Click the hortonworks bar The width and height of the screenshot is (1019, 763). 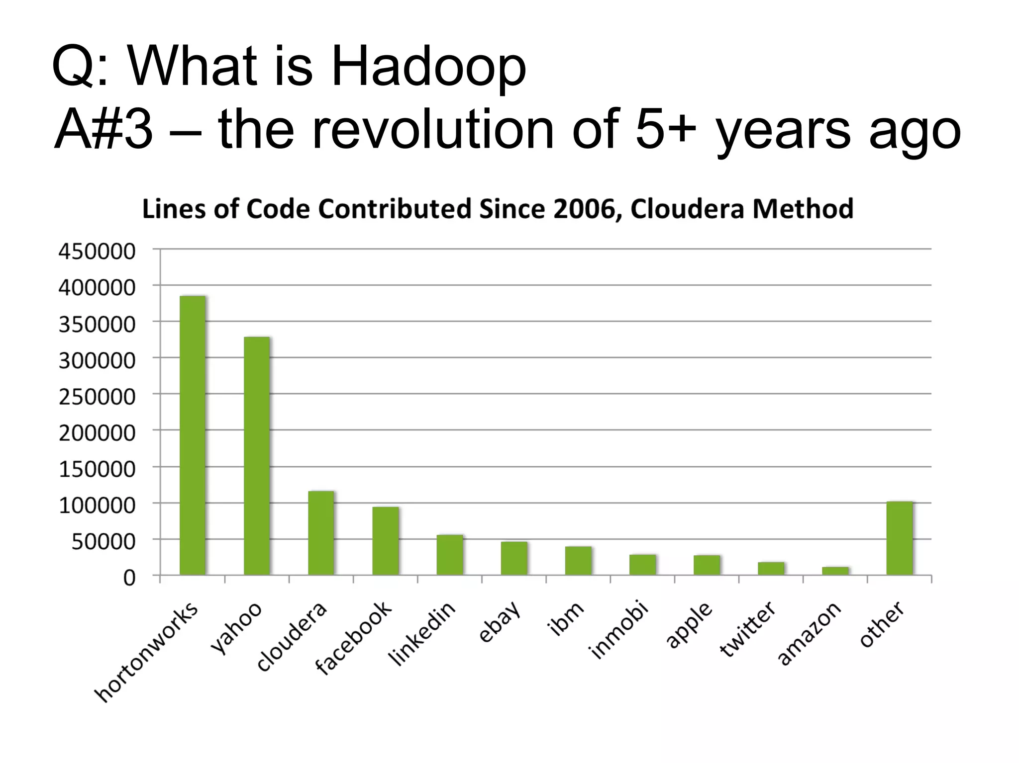point(193,435)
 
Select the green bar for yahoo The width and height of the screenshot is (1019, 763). point(257,456)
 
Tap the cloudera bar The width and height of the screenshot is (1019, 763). point(321,532)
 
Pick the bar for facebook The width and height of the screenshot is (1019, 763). point(386,540)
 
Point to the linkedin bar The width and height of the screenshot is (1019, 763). point(450,554)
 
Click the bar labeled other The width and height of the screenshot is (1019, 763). point(900,538)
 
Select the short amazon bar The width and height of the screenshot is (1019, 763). point(835,571)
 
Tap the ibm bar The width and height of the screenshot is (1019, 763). point(578,560)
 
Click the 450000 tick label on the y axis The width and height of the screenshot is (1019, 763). point(97,252)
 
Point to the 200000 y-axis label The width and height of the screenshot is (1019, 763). point(97,433)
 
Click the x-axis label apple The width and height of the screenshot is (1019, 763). point(689,625)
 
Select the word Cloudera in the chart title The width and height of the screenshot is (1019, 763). point(688,209)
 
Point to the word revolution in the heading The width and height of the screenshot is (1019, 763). point(433,130)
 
